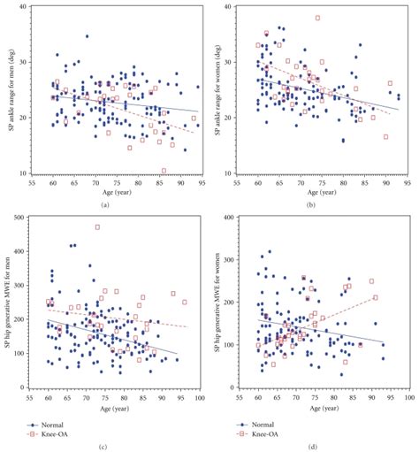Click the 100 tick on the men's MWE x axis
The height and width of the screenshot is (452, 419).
(x=200, y=399)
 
